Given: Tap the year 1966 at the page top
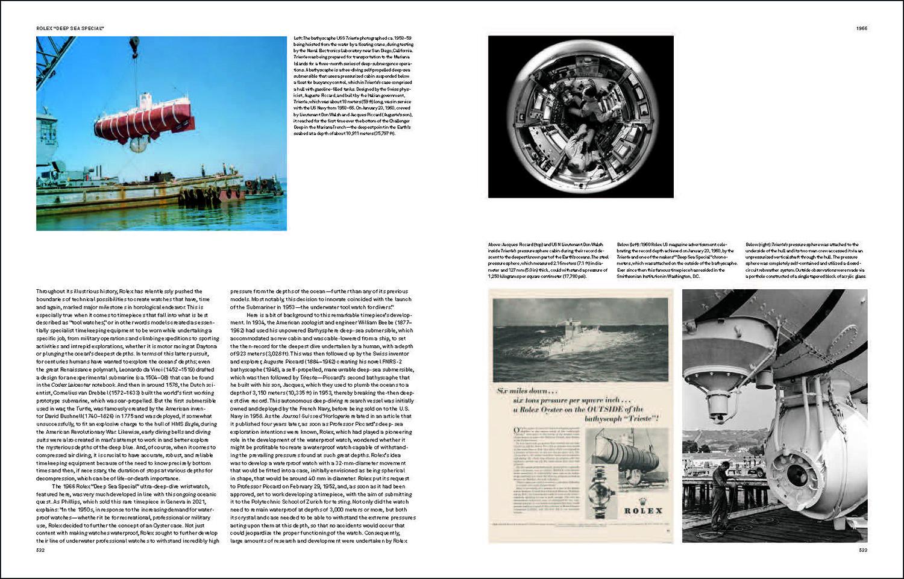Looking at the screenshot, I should click(x=861, y=28).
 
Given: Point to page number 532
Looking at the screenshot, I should click(x=40, y=549).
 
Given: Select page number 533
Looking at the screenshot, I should click(x=862, y=549).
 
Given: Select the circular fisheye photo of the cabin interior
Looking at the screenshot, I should click(x=580, y=116).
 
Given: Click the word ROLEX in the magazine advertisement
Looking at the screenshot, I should click(x=642, y=510).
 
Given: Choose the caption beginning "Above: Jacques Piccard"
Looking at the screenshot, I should click(x=548, y=260).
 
